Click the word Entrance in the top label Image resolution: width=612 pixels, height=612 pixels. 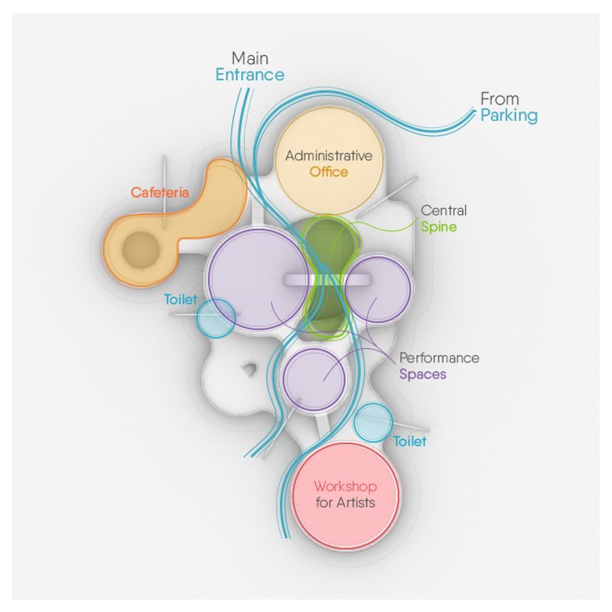pos(249,75)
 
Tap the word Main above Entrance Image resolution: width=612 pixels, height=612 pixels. pos(250,58)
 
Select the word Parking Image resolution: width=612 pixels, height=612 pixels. pos(509,116)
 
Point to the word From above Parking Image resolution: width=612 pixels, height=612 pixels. pos(499,99)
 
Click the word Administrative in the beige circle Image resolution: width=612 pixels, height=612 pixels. pos(329,156)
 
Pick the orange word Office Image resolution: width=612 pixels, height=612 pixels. pos(329,172)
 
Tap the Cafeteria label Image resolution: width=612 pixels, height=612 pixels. pos(159,193)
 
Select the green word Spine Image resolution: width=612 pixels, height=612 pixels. pos(437,227)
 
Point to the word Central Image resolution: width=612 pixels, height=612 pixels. pos(444,210)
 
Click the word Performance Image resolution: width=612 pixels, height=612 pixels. pos(439,358)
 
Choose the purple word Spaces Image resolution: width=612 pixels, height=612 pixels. pos(422,375)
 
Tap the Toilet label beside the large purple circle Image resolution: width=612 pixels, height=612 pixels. pos(181,299)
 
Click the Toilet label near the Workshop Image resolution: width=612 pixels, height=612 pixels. pos(410,441)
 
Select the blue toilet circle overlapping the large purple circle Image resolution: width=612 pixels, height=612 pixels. pos(215,318)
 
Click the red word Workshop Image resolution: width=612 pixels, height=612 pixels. pos(345,487)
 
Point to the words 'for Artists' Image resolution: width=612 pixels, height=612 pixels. pos(345,503)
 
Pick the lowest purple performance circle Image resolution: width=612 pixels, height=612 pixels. pos(314,379)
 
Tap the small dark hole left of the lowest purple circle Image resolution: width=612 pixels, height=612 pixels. pos(249,370)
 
